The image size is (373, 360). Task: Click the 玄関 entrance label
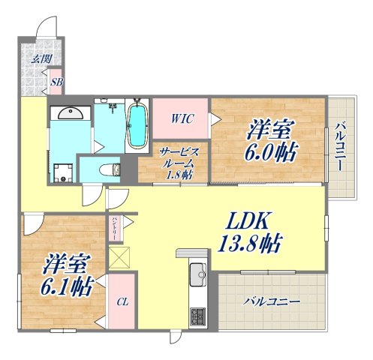coord(36,58)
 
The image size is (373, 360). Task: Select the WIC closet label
coord(181,118)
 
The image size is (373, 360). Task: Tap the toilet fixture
coord(113,169)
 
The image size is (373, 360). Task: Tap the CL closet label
coord(120,304)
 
